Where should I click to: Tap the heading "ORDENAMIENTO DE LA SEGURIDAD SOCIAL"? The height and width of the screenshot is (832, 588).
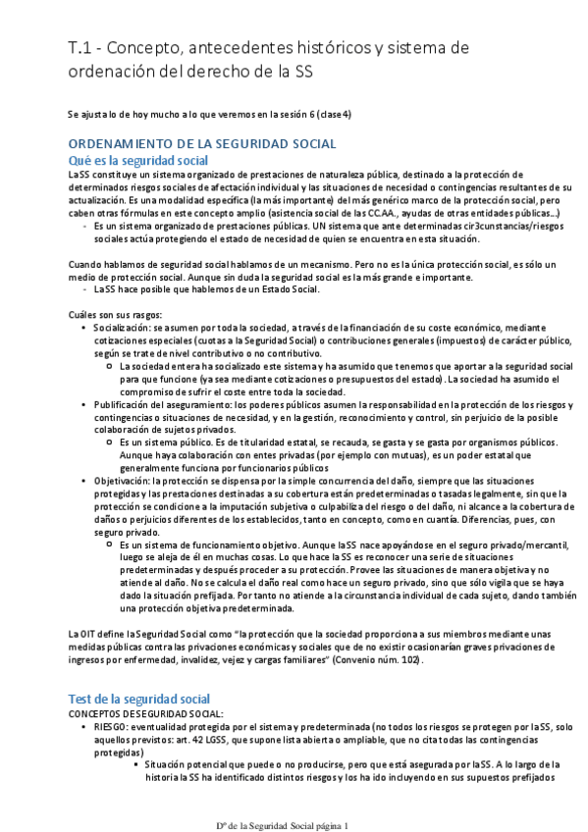(201, 143)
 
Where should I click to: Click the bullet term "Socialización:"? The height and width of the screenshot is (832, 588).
(124, 326)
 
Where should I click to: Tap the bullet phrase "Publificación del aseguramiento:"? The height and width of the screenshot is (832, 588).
(166, 403)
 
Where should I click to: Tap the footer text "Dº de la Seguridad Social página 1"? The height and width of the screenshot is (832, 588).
(284, 824)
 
